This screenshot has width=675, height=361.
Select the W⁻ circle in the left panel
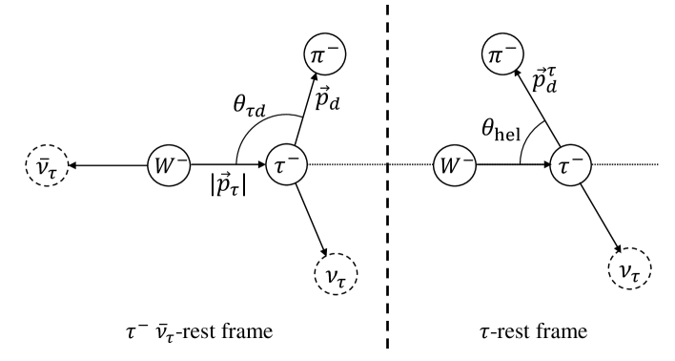[x=166, y=166]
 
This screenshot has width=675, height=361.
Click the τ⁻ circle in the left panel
[x=285, y=166]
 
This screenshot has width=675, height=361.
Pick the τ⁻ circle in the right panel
[x=570, y=166]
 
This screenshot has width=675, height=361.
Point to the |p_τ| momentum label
[x=220, y=186]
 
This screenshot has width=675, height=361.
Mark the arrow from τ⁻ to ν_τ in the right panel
[x=598, y=218]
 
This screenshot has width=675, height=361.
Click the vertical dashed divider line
[x=387, y=191]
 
